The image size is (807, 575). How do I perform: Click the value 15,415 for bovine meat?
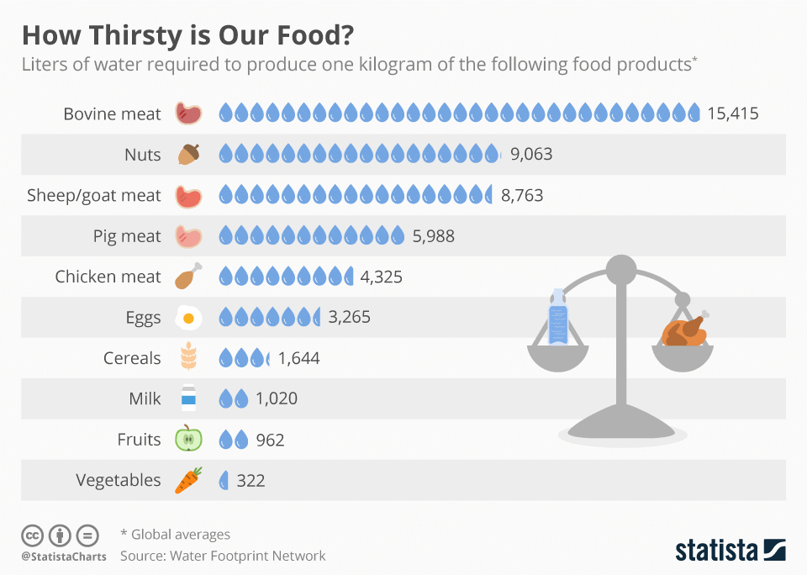(x=733, y=113)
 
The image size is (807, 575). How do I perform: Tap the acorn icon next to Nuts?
(x=189, y=154)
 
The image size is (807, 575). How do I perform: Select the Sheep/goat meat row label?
(x=94, y=195)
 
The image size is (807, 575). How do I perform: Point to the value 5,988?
(x=433, y=236)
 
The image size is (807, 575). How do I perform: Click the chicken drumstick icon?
(x=188, y=277)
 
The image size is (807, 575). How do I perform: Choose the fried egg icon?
(x=188, y=318)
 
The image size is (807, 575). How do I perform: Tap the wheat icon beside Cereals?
(x=188, y=358)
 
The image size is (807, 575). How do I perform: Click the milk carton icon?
(x=188, y=398)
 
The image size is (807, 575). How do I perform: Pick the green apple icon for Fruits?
(x=188, y=439)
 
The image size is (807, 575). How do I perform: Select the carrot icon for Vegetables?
(x=188, y=480)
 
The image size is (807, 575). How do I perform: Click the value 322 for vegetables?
(x=251, y=480)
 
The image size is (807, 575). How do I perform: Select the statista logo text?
(x=715, y=551)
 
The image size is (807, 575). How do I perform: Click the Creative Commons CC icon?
(x=32, y=535)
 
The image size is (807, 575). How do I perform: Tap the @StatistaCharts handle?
(x=64, y=556)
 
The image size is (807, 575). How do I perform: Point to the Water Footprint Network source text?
(x=247, y=556)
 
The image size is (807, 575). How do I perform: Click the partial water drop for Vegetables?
(x=224, y=480)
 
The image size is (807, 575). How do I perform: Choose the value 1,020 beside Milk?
(x=277, y=398)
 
